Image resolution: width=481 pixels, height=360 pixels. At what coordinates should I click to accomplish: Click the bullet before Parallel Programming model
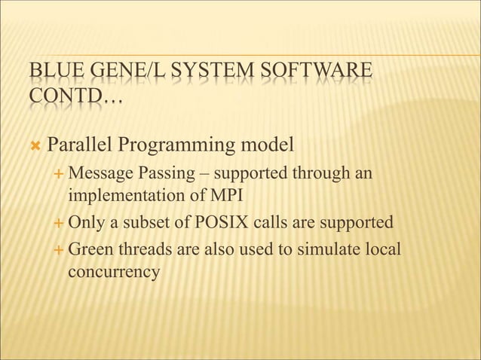pos(35,144)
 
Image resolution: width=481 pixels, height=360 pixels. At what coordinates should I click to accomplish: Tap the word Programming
pos(181,143)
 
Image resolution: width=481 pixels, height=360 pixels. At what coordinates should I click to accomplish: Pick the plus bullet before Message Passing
pos(60,175)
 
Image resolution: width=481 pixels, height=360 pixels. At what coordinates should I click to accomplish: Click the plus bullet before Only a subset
pos(60,224)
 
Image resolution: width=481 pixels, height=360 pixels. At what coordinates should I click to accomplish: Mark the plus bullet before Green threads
pos(60,249)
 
